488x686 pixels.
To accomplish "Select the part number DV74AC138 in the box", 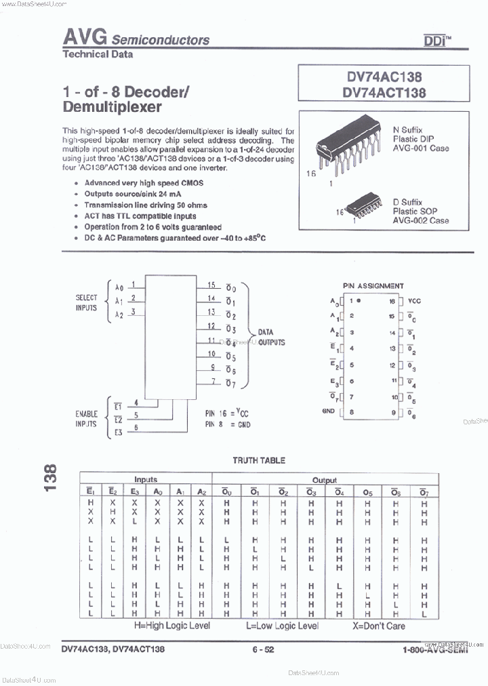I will coord(384,78).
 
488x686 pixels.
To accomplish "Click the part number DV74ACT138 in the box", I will coord(384,93).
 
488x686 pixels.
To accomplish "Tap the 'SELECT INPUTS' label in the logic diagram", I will coord(86,302).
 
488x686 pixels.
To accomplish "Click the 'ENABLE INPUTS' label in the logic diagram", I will coord(86,418).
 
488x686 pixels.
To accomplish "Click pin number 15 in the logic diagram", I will coord(211,285).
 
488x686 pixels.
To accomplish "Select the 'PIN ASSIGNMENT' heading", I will coord(373,286).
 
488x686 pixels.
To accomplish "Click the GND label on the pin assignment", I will coord(329,411).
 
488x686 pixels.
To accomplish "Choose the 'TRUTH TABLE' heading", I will coord(259,460).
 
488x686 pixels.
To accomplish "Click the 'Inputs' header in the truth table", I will coord(145,479).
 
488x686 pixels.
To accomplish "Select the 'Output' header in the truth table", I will coord(324,479).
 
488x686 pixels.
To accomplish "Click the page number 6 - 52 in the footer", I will coord(263,649).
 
